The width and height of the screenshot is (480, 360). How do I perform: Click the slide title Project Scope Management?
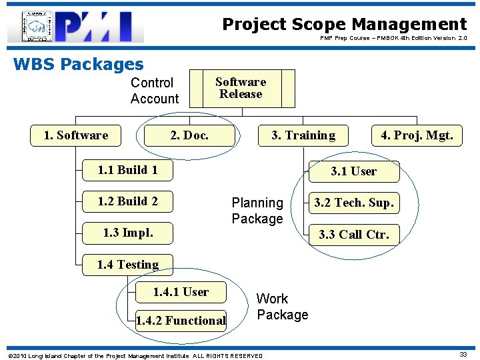coord(344,25)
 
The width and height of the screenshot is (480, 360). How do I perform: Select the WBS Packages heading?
coord(78,65)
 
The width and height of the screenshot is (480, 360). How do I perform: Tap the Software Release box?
coord(241,88)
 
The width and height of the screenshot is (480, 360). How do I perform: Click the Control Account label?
coord(155,91)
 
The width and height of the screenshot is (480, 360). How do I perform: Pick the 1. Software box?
coord(75,135)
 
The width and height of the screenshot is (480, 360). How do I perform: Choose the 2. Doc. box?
coord(189,135)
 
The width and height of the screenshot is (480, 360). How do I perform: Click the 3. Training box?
coord(303,135)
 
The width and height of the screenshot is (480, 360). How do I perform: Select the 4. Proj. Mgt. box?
coord(416,135)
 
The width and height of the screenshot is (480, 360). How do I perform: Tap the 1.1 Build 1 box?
coord(127,170)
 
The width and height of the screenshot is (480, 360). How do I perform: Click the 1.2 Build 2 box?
coord(127,201)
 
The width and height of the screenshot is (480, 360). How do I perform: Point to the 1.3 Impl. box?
coord(127,233)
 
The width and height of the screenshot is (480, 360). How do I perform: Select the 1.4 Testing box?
coord(127,265)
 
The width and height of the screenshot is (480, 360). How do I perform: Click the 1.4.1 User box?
coord(180,292)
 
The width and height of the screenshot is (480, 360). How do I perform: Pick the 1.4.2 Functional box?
coord(180,321)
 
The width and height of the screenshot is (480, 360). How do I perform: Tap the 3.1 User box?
coord(354,171)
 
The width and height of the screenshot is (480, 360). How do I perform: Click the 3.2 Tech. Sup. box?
coord(354,203)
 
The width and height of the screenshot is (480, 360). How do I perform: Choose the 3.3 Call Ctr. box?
coord(354,234)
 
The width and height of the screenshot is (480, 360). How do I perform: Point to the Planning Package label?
coord(257,211)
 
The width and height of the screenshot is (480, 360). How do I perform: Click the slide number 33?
coord(463,355)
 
